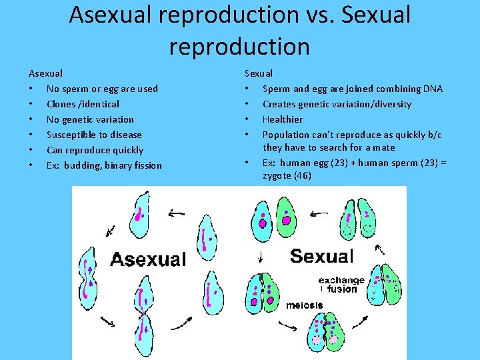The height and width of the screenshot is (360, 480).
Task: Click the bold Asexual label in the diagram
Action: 147,259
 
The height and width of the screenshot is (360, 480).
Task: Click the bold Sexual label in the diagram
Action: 321,256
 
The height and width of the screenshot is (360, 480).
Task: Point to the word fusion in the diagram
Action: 343,289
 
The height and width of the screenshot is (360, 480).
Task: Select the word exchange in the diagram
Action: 341,280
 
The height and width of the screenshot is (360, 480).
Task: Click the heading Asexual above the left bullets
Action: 45,73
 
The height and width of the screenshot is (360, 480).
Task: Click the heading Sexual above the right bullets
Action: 259,73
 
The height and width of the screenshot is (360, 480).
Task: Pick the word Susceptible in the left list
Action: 69,135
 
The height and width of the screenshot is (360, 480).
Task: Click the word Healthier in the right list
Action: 283,119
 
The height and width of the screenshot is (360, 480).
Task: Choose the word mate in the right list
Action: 383,147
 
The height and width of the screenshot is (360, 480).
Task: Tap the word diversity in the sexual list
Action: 389,104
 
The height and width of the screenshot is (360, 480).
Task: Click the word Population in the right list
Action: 286,135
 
